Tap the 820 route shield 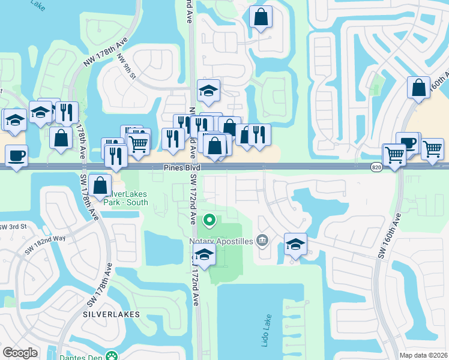tap(376, 167)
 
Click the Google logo tap(20, 353)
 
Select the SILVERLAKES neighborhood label tap(111, 314)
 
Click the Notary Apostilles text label tap(220, 242)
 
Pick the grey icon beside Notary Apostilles tap(262, 241)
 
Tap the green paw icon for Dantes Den tap(109, 356)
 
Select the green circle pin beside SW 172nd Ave tap(209, 220)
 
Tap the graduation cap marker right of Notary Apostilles tap(295, 244)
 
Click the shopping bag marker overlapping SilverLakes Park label tap(100, 185)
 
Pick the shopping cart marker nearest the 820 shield tap(394, 155)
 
